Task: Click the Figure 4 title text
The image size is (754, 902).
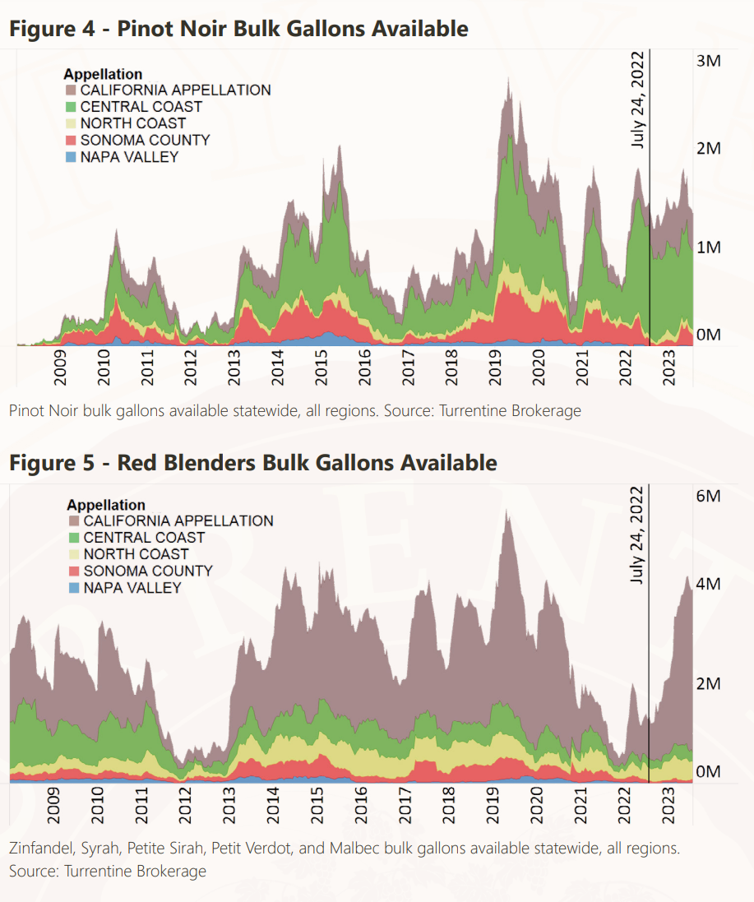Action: click(238, 29)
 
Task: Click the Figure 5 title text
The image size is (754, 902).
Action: click(252, 463)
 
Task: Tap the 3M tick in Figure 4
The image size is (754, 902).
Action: click(708, 62)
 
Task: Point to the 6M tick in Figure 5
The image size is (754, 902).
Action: click(708, 496)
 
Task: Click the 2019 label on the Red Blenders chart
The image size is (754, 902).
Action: click(493, 804)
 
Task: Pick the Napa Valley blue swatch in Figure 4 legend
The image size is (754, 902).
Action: click(71, 157)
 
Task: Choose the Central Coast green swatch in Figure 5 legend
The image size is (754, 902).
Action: click(74, 538)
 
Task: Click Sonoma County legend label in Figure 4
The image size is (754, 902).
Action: click(145, 140)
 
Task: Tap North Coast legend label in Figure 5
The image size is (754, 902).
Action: click(136, 554)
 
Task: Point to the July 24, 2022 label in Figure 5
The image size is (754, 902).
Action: click(639, 534)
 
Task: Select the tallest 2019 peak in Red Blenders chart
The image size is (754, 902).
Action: click(508, 511)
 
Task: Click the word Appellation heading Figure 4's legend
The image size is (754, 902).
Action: click(103, 75)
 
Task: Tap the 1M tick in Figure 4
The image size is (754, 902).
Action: click(708, 247)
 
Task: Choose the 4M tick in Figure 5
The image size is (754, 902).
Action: click(708, 584)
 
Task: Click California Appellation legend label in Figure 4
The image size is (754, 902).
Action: click(175, 90)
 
